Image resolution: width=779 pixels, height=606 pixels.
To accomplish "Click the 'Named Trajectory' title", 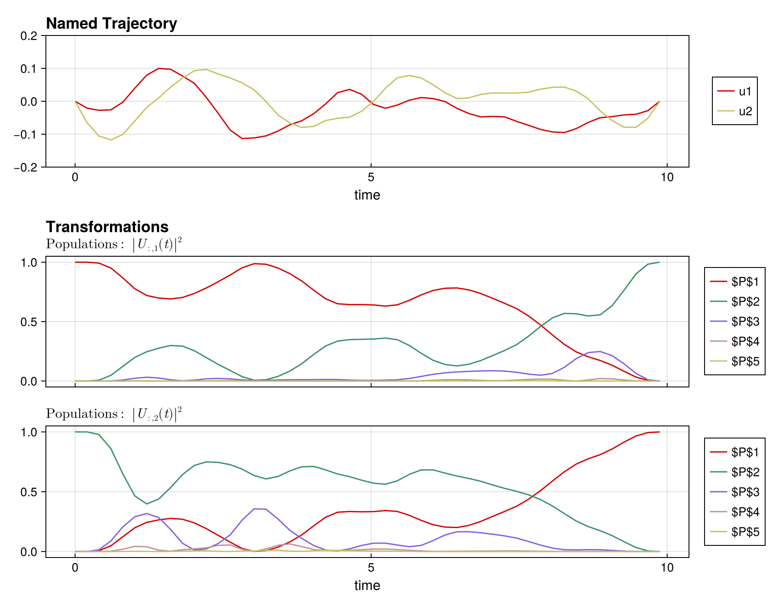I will click(111, 23).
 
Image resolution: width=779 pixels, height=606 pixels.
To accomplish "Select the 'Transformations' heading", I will click(107, 227).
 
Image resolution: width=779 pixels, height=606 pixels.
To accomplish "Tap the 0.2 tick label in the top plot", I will click(29, 36).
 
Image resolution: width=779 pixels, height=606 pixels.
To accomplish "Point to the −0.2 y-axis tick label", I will click(26, 168).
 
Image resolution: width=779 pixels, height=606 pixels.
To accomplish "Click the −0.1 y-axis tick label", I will click(26, 135).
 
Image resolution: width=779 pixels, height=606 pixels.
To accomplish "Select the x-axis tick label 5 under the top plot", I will click(371, 177).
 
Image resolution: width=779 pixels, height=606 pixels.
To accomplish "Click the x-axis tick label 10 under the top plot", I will click(667, 177).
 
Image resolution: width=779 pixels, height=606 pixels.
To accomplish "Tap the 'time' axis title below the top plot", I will click(367, 195).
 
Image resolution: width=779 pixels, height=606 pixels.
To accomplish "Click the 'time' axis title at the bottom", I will click(367, 586).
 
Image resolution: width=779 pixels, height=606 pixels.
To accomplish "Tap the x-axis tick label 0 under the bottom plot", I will click(75, 568).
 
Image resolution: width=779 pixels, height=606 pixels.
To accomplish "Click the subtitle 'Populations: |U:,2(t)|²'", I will click(114, 414).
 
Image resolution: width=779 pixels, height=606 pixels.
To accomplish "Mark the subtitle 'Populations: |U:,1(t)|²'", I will click(114, 245).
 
